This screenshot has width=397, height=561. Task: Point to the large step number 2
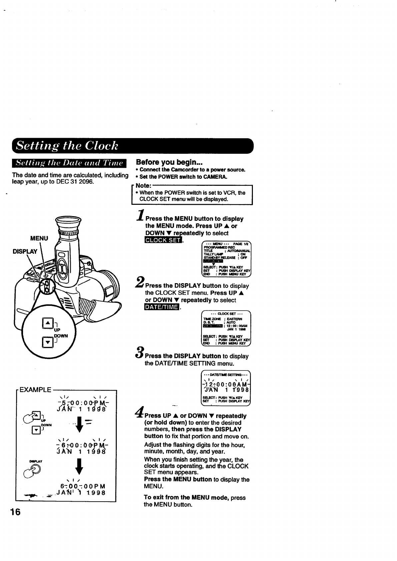(140, 282)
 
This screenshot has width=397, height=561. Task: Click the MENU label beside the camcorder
(39, 238)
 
